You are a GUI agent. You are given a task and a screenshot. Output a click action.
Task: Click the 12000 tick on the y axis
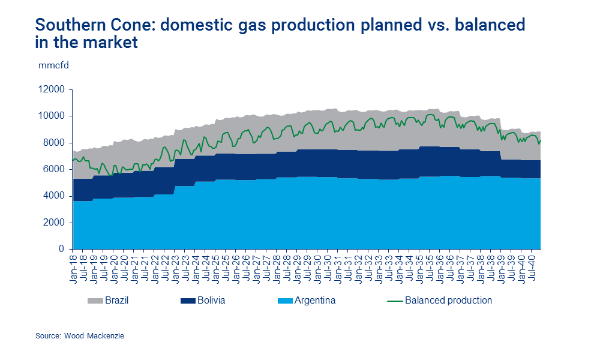[x=51, y=89]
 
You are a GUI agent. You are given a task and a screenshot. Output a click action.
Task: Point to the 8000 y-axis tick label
[x=53, y=143]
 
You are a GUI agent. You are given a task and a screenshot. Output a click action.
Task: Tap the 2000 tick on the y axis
[x=53, y=223]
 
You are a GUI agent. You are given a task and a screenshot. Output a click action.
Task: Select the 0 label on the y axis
[x=61, y=249]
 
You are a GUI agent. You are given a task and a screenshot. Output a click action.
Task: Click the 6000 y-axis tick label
[x=53, y=169]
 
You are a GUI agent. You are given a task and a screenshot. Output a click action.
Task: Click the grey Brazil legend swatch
[x=95, y=300]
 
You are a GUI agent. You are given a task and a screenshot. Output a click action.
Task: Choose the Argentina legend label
[x=314, y=300]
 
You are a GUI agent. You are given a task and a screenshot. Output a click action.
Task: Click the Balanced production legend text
[x=448, y=300]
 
